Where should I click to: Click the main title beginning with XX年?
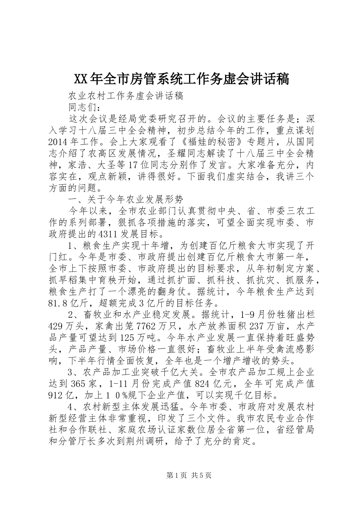[x=181, y=79]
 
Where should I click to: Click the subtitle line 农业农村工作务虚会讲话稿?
[x=125, y=96]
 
